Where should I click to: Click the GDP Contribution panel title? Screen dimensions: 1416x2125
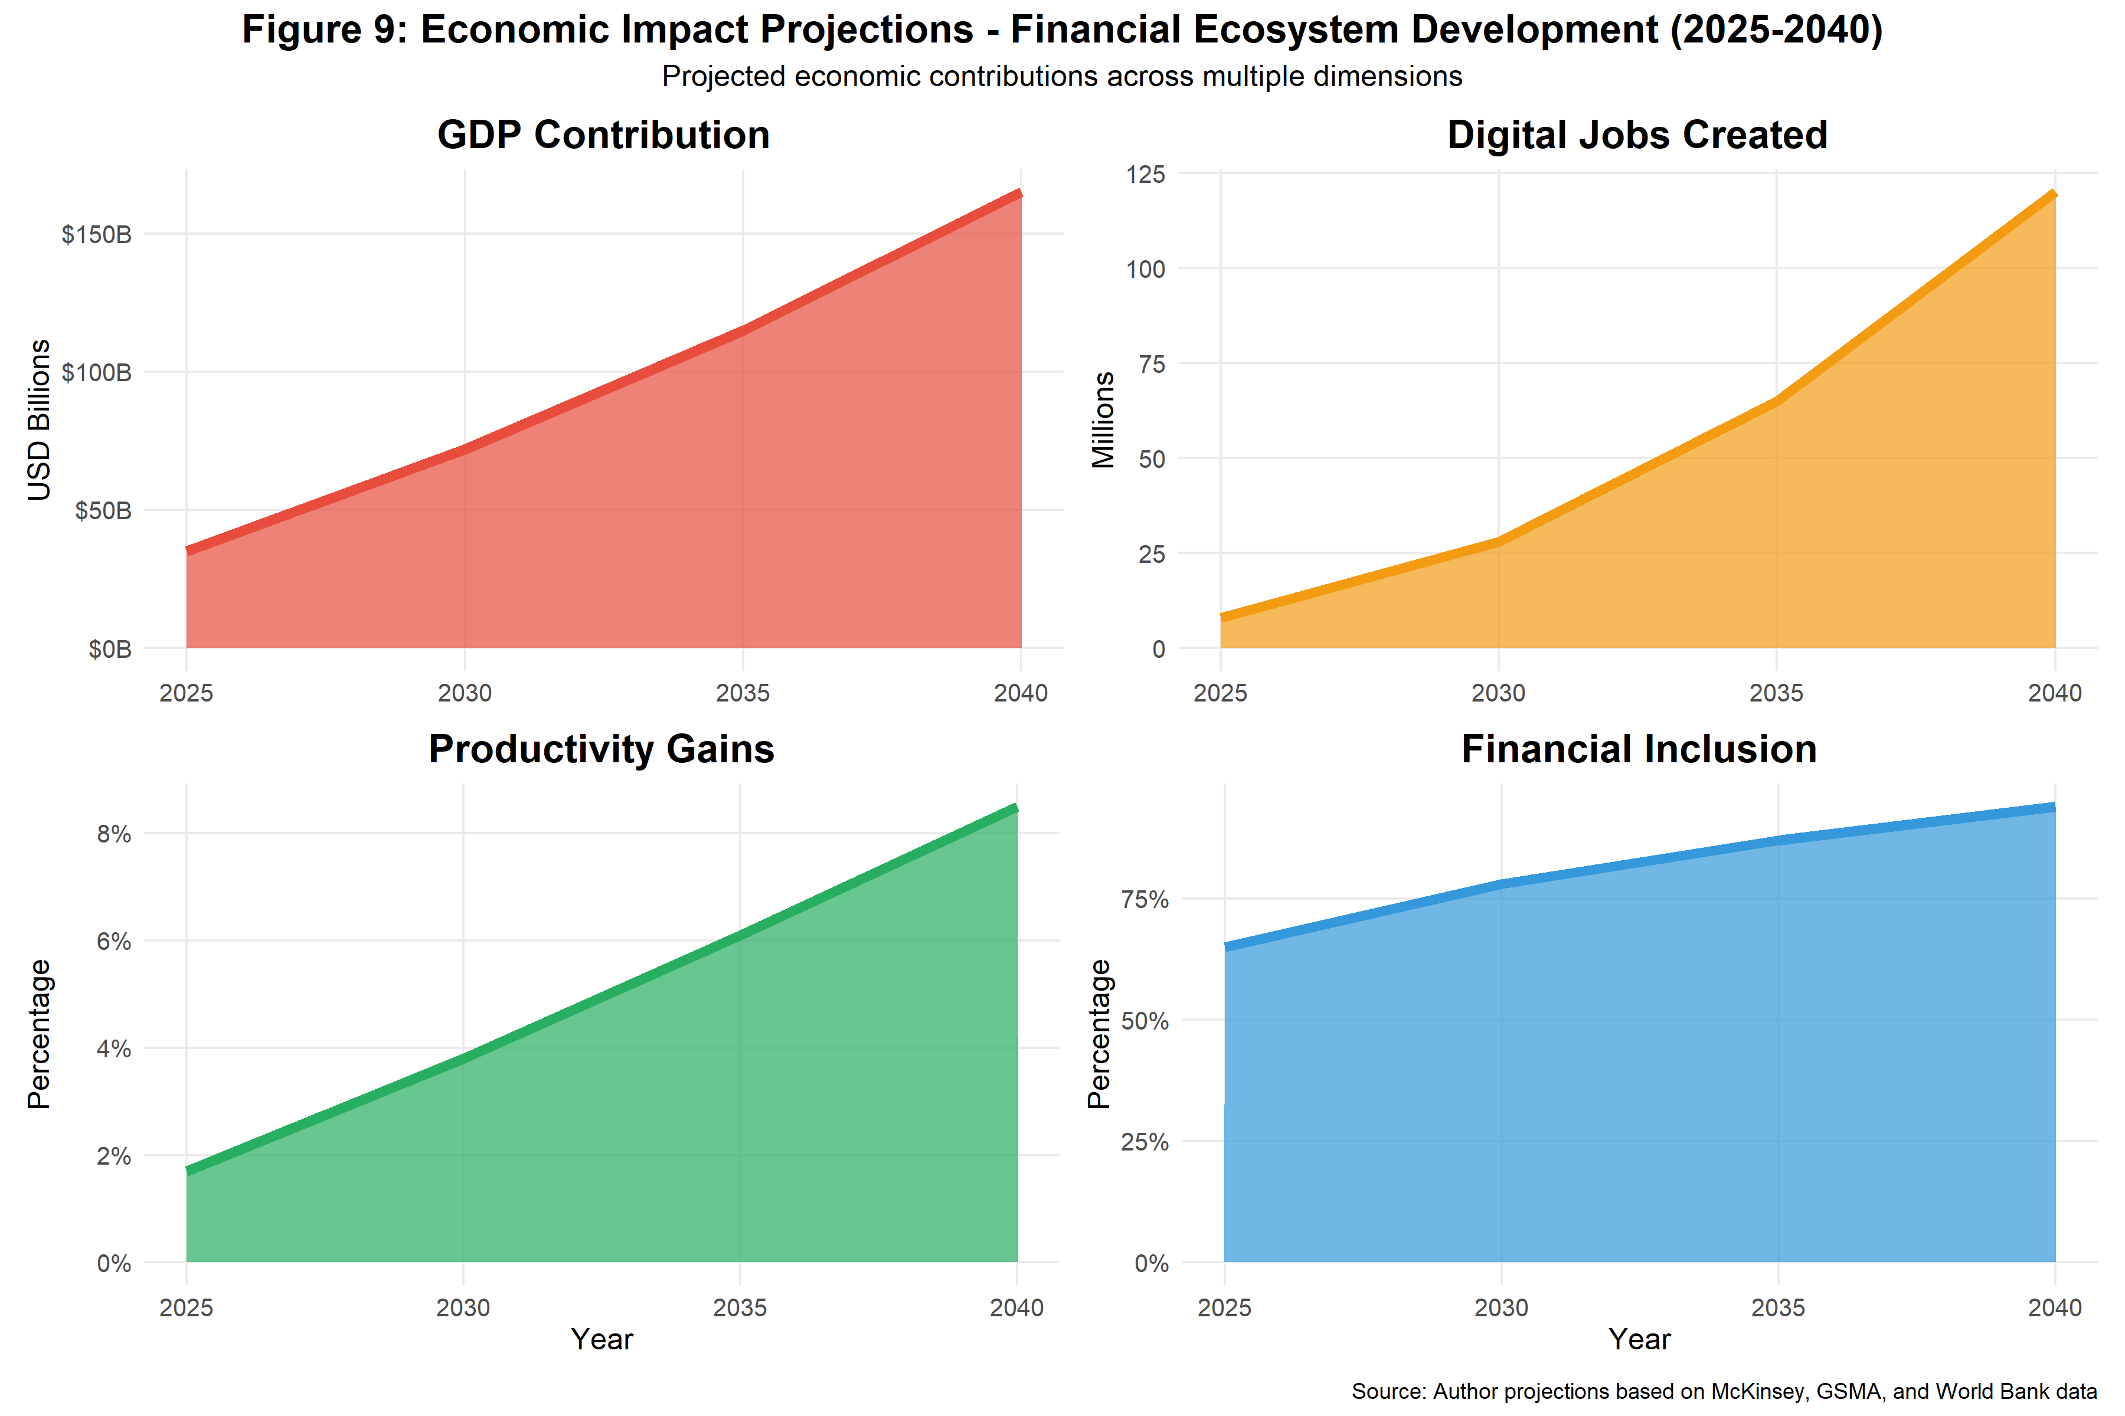coord(603,136)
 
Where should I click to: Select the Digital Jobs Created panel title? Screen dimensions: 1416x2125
coord(1637,136)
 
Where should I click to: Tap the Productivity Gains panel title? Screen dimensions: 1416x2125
coord(601,749)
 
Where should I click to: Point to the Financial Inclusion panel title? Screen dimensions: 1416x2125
coord(1639,749)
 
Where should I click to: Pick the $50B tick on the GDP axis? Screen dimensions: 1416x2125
coord(103,511)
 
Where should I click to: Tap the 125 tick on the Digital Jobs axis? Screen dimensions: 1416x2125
coord(1146,174)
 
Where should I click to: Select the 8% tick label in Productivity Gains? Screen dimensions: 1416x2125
coord(114,834)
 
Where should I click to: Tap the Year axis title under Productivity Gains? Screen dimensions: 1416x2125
coord(601,1339)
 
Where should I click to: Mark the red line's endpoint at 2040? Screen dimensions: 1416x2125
coord(1020,194)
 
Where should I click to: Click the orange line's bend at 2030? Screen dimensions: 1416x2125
coord(1499,541)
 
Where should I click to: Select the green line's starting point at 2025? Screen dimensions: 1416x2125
coord(187,1171)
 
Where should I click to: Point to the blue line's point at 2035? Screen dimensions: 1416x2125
coord(1778,840)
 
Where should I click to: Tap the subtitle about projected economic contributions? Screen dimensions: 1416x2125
coord(1061,77)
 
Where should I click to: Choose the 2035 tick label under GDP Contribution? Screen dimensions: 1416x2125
coord(743,694)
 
